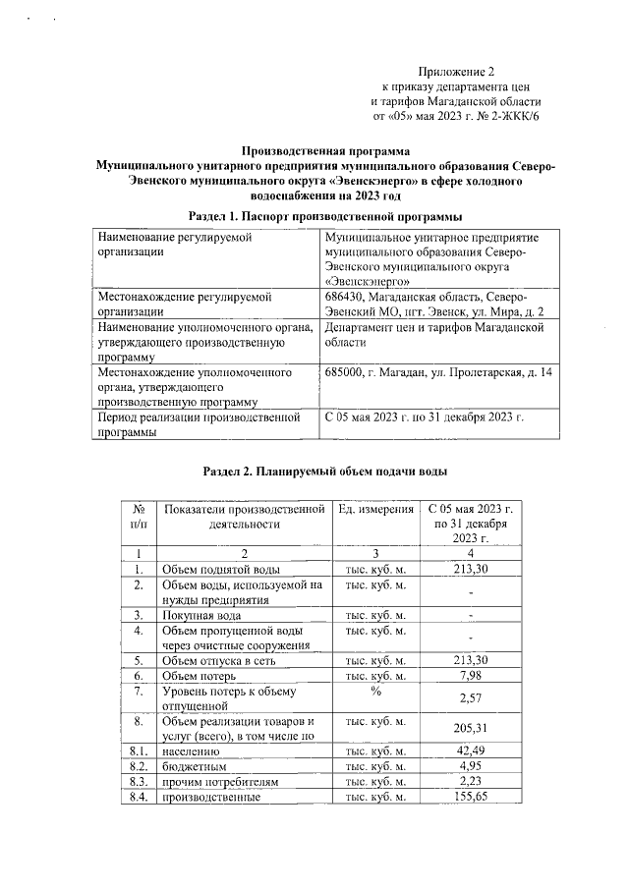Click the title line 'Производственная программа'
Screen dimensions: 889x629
(323, 152)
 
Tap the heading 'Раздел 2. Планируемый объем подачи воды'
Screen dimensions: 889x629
(324, 472)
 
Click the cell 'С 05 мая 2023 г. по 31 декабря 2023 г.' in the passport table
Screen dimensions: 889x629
(424, 417)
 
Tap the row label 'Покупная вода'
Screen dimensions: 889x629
(201, 615)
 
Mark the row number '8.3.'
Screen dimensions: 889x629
(139, 782)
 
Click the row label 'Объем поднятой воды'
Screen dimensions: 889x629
(221, 570)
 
